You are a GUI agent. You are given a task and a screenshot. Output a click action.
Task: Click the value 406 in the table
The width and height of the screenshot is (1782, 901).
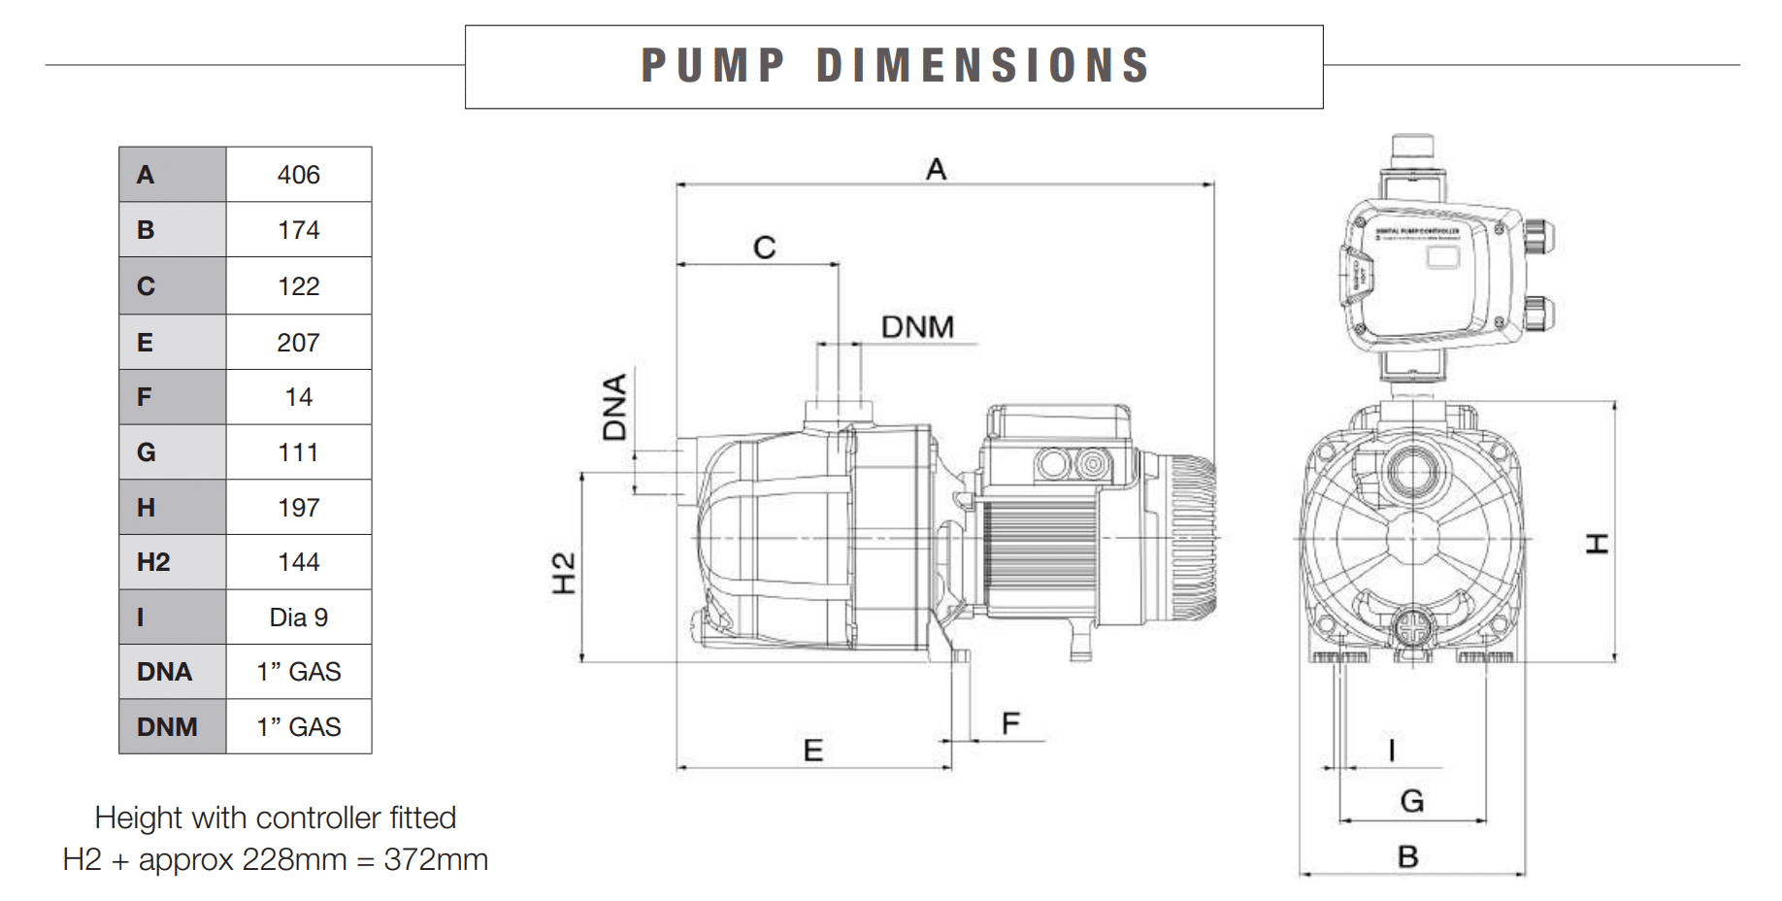(x=298, y=175)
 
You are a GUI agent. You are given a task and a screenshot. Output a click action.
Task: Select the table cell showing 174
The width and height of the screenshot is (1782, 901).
(x=298, y=230)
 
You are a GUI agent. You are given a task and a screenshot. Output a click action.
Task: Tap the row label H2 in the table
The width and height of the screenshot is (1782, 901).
(x=153, y=562)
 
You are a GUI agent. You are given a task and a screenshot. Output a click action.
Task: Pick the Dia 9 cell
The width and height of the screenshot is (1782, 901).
(x=298, y=617)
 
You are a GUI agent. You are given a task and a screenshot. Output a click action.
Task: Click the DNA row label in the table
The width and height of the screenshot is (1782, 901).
(x=164, y=672)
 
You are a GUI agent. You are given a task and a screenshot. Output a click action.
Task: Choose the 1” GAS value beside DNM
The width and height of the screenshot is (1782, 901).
(x=298, y=727)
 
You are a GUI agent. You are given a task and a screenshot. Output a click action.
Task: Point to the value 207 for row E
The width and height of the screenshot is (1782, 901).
(x=298, y=343)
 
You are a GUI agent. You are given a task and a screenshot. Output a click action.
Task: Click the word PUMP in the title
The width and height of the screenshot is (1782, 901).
(x=712, y=66)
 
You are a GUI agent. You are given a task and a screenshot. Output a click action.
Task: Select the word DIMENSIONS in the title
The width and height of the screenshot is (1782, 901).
(x=982, y=66)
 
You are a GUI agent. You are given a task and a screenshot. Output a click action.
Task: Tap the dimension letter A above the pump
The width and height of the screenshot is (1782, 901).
(x=936, y=170)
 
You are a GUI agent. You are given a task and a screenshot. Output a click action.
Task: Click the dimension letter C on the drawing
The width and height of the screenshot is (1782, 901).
(x=765, y=248)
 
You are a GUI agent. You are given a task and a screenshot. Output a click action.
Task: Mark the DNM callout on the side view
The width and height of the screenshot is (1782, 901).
(x=917, y=327)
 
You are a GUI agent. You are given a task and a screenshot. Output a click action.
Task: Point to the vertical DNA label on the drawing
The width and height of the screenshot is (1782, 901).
(x=615, y=407)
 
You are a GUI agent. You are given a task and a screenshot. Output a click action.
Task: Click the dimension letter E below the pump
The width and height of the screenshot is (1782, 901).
(x=813, y=751)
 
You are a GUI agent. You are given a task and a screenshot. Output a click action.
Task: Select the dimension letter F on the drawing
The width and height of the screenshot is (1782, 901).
(x=1010, y=723)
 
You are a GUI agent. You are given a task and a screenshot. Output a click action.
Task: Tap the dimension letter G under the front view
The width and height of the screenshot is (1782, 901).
(x=1412, y=801)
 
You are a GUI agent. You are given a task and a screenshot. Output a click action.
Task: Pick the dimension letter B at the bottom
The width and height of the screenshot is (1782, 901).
(x=1408, y=857)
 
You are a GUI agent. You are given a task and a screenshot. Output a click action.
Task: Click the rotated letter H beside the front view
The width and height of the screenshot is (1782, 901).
(x=1597, y=544)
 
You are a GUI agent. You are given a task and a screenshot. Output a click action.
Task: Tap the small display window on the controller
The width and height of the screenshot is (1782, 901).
(x=1442, y=257)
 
